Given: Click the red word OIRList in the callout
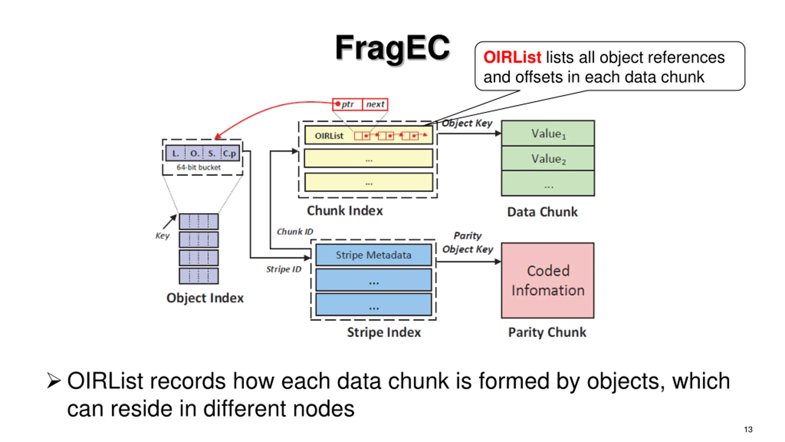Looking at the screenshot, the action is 512,57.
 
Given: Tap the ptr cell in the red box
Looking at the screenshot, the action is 347,104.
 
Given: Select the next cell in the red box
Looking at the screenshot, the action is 375,104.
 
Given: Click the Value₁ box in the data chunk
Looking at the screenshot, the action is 548,133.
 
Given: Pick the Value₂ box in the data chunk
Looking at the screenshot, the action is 548,158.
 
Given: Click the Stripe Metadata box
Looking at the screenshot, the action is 373,255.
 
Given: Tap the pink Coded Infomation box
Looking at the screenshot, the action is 548,280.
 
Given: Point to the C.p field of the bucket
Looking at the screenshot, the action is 230,153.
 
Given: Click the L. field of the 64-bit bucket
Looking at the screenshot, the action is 175,153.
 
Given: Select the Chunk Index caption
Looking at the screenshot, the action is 345,211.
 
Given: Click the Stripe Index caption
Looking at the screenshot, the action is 384,332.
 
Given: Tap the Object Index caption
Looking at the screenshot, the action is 205,298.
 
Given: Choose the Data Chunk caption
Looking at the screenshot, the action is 542,212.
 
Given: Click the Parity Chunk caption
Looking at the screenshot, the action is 547,332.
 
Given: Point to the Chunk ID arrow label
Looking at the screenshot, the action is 295,232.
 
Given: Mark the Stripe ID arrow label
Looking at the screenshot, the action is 284,269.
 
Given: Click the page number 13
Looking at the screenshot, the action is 748,429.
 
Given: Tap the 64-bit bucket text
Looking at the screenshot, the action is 198,167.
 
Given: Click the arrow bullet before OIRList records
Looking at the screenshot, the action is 54,381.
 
